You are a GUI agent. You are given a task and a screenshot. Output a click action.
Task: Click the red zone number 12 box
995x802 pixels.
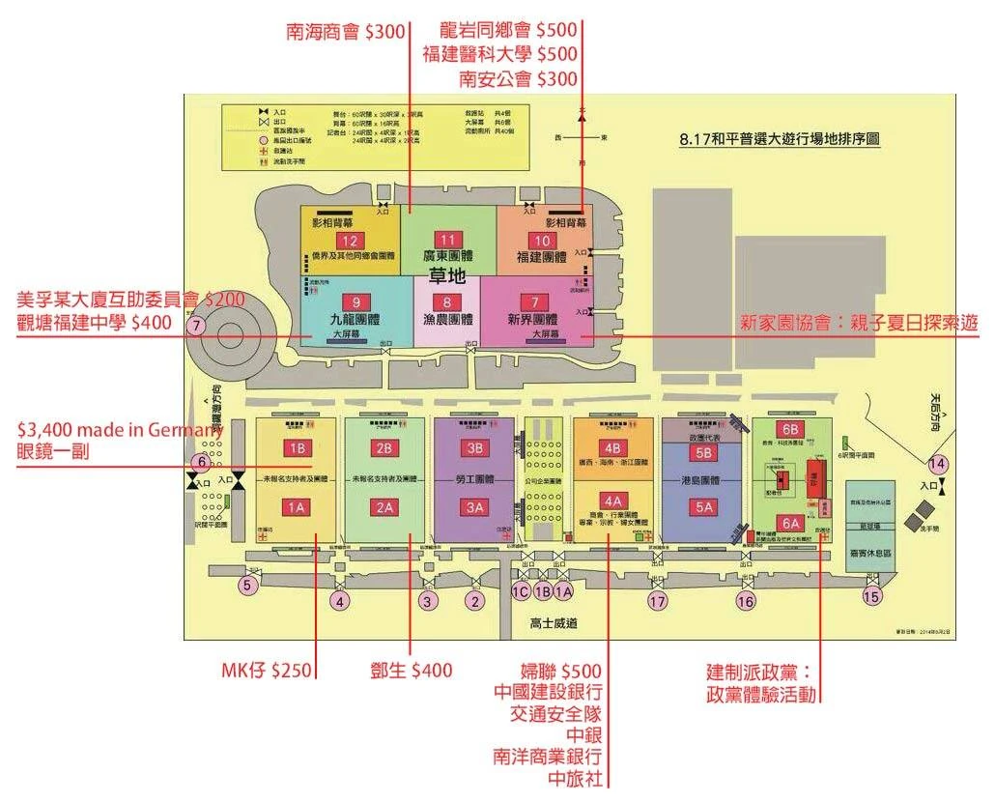(350, 241)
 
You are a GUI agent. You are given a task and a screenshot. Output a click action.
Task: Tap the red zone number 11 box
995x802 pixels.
(446, 240)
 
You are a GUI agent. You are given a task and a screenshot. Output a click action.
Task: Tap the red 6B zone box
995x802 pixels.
(790, 429)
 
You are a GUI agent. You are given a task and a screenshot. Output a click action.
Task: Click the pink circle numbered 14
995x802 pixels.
(937, 463)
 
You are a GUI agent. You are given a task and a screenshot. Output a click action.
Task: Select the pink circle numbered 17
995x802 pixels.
(658, 601)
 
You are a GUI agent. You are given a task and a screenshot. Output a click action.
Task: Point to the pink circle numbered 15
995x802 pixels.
(872, 596)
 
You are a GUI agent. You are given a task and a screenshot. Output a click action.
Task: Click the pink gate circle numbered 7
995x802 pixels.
(196, 326)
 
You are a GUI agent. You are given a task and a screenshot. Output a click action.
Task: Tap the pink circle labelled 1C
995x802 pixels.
(522, 590)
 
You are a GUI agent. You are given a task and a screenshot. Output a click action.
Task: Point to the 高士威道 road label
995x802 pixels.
(554, 624)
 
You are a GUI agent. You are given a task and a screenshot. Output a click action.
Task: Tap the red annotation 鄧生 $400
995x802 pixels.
(412, 670)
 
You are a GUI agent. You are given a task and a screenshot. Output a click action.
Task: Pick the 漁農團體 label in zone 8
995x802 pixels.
(446, 319)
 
